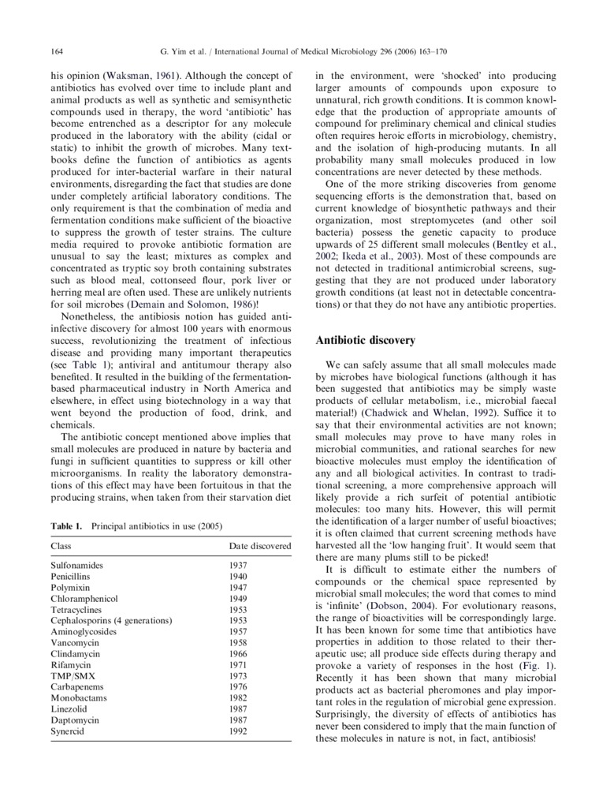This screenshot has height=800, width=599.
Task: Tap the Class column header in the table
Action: pyautogui.click(x=61, y=545)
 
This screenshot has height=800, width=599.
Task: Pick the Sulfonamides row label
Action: pyautogui.click(x=76, y=566)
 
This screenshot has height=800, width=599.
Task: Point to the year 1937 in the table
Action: pyautogui.click(x=238, y=566)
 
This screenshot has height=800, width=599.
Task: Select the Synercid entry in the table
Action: pyautogui.click(x=69, y=731)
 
